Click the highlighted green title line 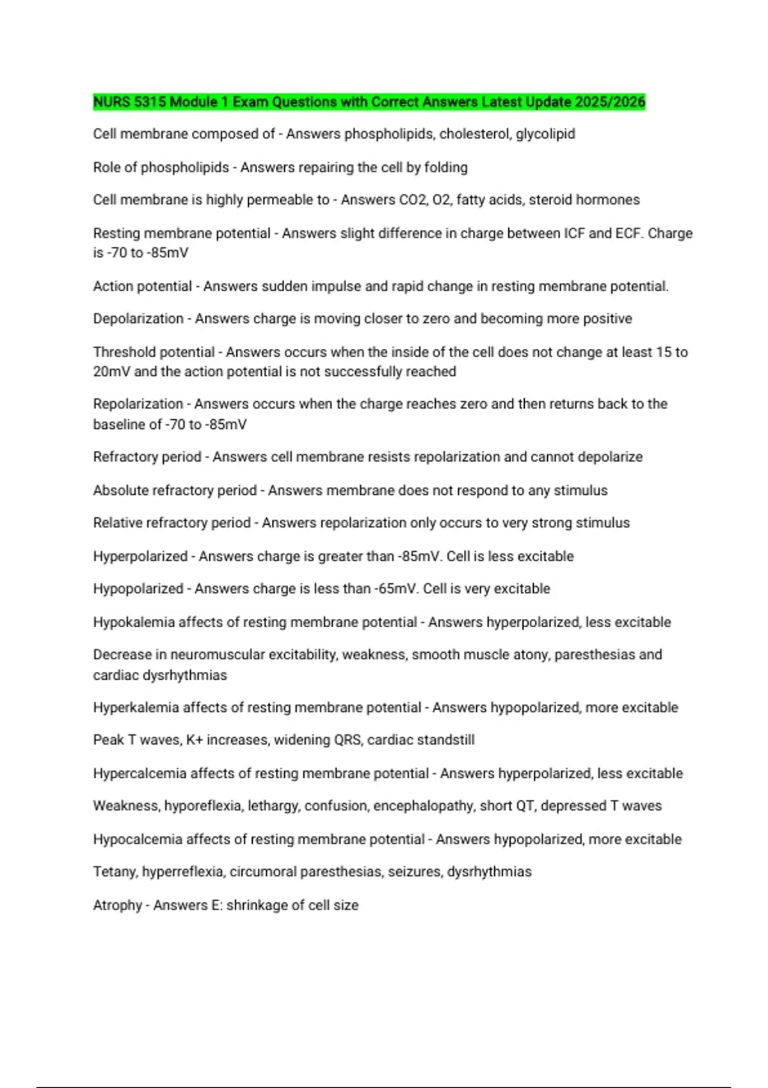(369, 102)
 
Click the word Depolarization (138, 319)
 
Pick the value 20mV (111, 372)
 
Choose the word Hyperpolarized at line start (140, 556)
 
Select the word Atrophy (118, 905)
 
